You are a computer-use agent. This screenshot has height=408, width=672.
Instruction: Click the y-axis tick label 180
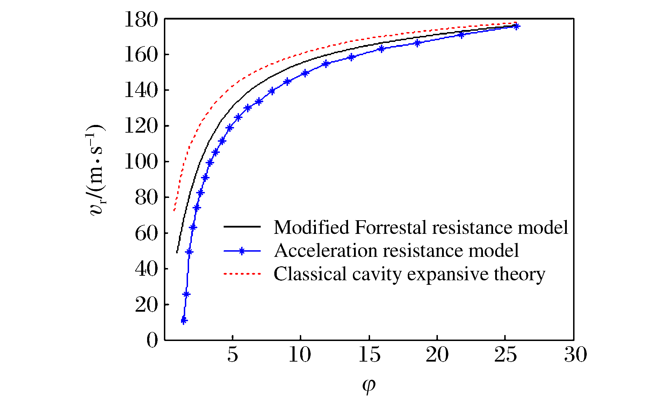coord(142,20)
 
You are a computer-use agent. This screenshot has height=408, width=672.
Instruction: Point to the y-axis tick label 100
coord(142,162)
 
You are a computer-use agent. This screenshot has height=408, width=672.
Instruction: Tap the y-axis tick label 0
coord(152,340)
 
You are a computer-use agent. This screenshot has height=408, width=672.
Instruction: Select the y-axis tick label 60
coord(147,233)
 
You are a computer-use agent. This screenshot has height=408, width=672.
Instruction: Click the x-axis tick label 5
coord(232,355)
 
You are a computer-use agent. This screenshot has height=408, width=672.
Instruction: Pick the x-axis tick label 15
coord(369,355)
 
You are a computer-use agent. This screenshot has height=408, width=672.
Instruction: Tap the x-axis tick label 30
coord(576,355)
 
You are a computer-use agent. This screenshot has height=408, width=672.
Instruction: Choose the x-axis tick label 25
coord(505,355)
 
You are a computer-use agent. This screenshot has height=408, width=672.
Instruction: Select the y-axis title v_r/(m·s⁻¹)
coord(95,170)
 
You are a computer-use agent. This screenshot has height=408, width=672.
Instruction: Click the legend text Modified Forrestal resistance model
coord(421,227)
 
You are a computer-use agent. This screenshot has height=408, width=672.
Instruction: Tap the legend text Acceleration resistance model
coord(397,251)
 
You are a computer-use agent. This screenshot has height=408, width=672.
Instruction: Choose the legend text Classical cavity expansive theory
coord(409,274)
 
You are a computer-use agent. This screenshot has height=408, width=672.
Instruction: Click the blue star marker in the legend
coord(242,251)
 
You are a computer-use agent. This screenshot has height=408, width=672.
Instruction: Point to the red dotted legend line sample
coord(242,274)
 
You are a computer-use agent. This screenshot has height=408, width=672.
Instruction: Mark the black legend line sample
coord(242,227)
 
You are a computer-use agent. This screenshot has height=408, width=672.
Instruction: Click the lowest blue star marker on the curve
coord(184,320)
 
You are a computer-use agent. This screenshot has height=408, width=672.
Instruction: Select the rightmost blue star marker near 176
coord(516,27)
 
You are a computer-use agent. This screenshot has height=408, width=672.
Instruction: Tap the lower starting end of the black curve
coord(177,252)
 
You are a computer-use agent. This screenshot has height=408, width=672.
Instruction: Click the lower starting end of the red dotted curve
coord(174,210)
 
